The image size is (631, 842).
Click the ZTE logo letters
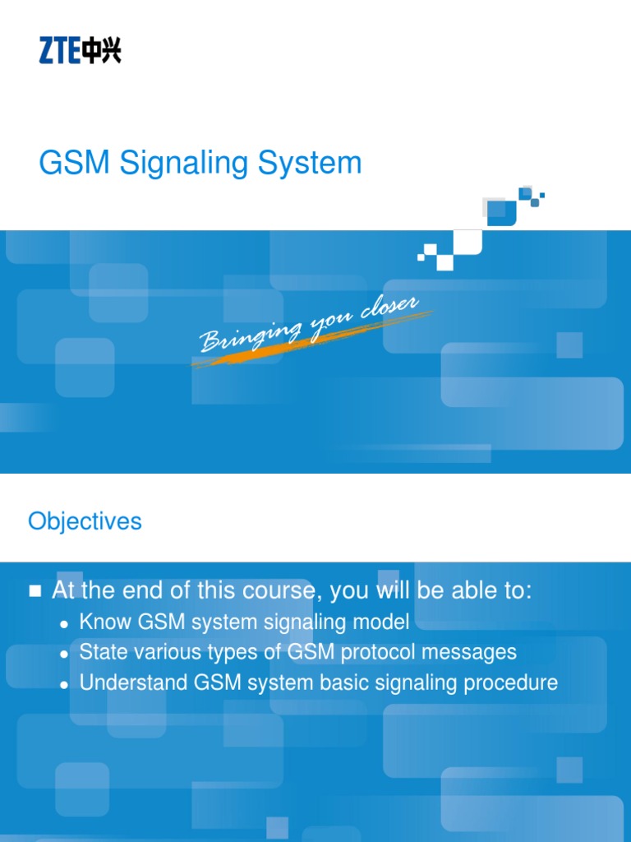click(59, 52)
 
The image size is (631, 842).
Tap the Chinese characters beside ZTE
click(101, 52)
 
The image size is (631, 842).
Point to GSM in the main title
click(75, 163)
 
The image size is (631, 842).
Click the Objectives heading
click(85, 521)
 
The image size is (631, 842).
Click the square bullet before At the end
click(35, 591)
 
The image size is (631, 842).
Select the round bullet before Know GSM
click(65, 623)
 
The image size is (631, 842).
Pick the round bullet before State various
click(65, 654)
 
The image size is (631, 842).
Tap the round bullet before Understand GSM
click(65, 684)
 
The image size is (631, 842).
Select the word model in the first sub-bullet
click(380, 622)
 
